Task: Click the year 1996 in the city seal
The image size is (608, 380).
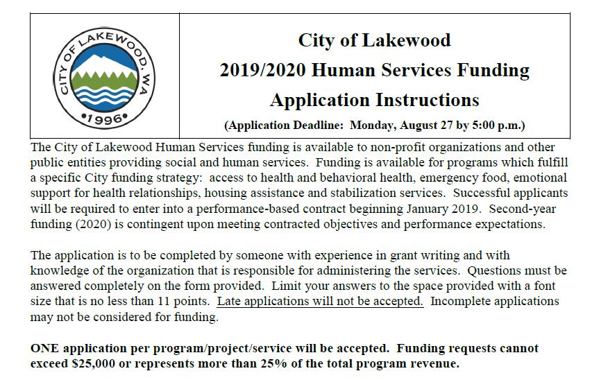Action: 105,119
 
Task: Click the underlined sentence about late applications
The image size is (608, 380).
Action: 320,302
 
